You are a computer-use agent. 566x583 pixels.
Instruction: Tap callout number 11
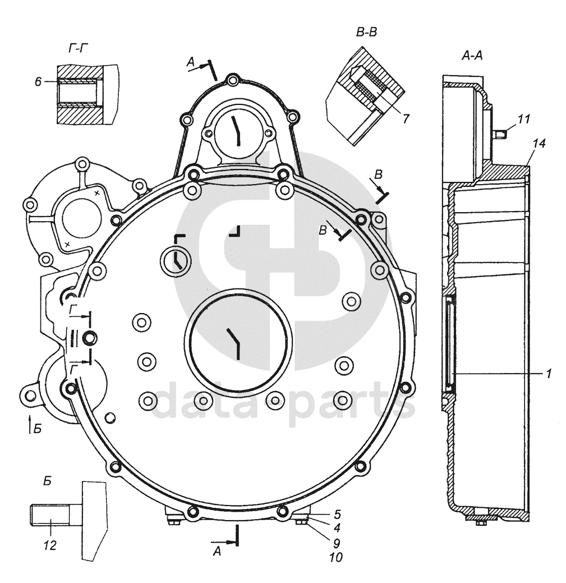pyautogui.click(x=524, y=119)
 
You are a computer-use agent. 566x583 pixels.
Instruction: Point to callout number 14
pyautogui.click(x=539, y=144)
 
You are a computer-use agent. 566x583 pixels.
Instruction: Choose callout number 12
pyautogui.click(x=50, y=544)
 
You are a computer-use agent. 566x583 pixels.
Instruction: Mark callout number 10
pyautogui.click(x=336, y=558)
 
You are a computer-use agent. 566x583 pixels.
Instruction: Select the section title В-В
pyautogui.click(x=366, y=32)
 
